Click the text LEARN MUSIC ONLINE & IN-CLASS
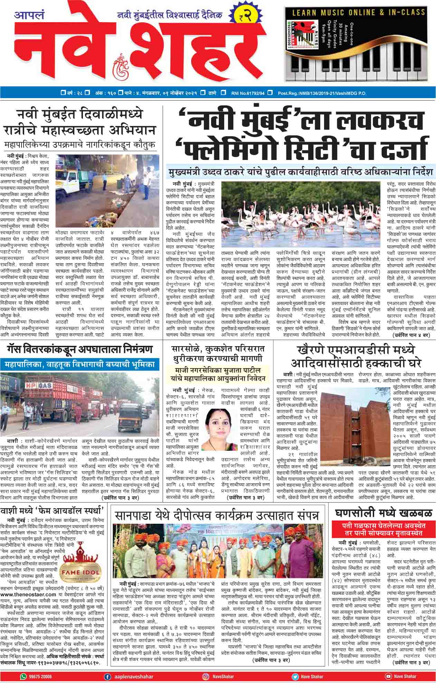pyautogui.click(x=359, y=13)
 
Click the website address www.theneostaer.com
pyautogui.click(x=26, y=594)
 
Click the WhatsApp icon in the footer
pyautogui.click(x=23, y=676)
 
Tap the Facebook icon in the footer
pyautogui.click(x=108, y=676)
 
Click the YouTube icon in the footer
pyautogui.click(x=389, y=676)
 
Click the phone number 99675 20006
pyautogui.click(x=40, y=676)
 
